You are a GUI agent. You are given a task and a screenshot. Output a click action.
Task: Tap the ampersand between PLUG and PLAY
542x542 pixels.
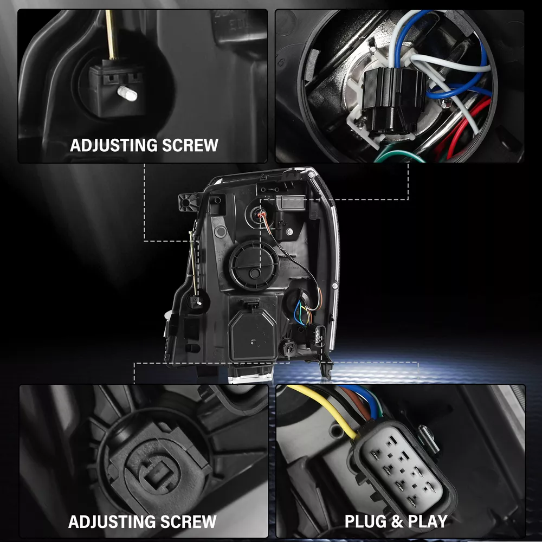(x=397, y=521)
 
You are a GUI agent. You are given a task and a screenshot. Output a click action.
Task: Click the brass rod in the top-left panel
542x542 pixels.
(x=111, y=35)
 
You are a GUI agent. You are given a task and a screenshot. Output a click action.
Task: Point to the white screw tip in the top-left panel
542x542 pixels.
(x=127, y=93)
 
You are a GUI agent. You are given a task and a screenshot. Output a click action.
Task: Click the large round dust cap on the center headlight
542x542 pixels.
(x=254, y=266)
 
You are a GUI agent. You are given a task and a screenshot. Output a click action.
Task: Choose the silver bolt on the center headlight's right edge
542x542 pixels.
(x=334, y=286)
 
